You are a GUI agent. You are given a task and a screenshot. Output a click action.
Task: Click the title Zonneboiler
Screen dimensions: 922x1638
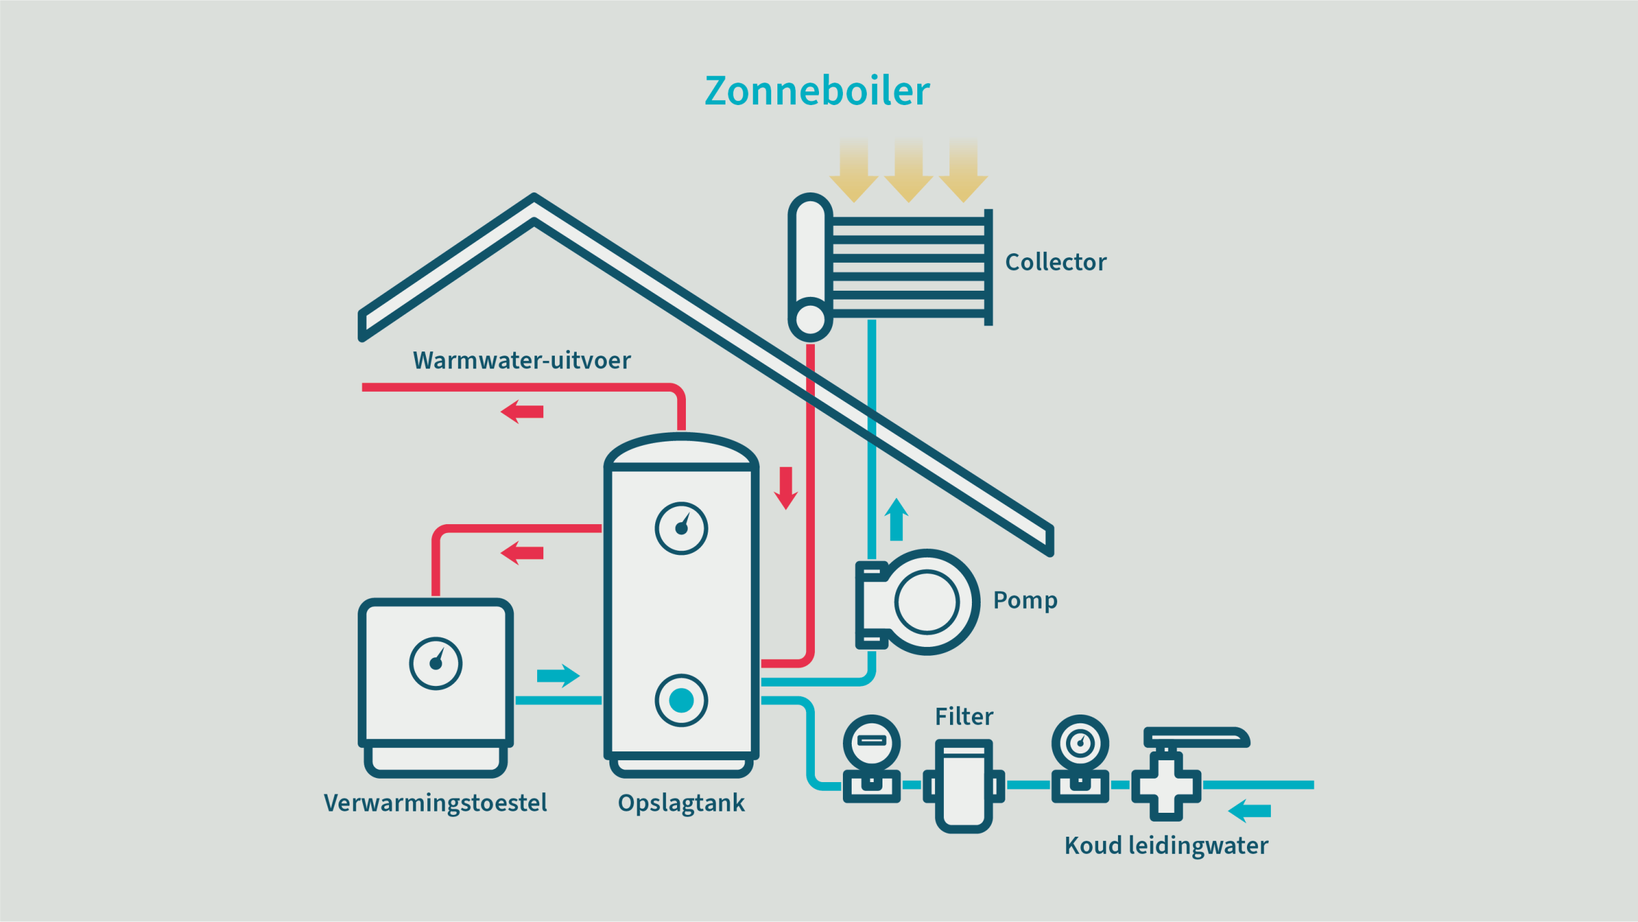pos(817,91)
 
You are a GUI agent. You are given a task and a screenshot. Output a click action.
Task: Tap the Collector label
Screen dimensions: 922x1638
pos(1055,262)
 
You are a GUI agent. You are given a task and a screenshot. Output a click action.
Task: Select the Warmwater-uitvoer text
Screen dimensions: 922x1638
pos(521,360)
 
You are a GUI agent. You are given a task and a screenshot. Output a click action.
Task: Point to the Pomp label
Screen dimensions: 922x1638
pos(1025,600)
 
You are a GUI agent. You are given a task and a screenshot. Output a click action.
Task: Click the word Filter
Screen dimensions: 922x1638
pos(964,717)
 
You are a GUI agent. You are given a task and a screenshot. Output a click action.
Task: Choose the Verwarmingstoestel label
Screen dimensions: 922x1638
pos(435,803)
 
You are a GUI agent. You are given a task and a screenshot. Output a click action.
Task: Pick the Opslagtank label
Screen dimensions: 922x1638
pos(681,803)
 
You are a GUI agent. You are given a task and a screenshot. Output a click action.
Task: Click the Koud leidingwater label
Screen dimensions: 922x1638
pos(1166,846)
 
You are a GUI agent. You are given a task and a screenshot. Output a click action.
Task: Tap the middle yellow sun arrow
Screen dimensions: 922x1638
pos(908,171)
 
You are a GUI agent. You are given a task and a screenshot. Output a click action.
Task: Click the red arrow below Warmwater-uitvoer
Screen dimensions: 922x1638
pos(522,412)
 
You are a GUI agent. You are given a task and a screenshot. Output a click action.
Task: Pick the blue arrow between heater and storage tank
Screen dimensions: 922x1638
pos(558,676)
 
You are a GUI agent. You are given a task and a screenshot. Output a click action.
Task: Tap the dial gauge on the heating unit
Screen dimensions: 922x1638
pos(435,663)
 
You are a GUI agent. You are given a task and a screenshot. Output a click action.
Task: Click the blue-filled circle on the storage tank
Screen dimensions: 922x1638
pos(681,700)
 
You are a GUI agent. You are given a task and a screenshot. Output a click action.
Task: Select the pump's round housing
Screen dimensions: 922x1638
pos(926,602)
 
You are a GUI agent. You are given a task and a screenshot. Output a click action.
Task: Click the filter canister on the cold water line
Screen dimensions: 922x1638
pos(964,786)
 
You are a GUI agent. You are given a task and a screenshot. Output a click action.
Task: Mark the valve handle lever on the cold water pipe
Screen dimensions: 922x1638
pos(1196,737)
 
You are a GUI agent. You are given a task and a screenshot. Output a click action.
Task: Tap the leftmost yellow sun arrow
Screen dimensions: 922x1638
pos(854,171)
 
